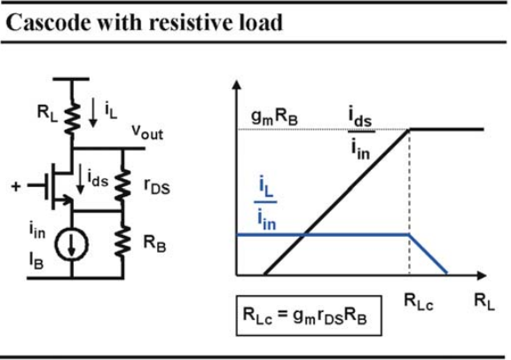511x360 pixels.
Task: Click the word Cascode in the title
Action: [48, 23]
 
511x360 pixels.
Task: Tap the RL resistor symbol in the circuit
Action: [72, 118]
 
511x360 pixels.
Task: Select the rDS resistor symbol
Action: [122, 184]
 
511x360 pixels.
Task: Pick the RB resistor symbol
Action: [122, 242]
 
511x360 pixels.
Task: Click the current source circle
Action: [71, 244]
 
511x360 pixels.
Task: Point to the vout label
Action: [147, 132]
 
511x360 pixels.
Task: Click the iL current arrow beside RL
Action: [93, 113]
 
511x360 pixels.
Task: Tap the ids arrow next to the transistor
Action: [80, 179]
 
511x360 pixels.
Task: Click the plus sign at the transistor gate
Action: [16, 186]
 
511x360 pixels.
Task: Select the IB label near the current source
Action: [36, 262]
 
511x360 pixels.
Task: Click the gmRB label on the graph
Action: [274, 117]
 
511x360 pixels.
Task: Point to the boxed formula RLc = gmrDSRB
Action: [309, 316]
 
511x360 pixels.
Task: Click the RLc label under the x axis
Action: [419, 301]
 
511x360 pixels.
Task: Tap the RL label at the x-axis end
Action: [484, 301]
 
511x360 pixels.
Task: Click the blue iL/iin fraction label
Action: [266, 203]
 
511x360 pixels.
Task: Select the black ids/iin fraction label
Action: [361, 134]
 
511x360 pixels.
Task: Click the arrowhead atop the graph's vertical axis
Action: [237, 85]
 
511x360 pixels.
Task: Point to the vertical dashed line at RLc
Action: [409, 202]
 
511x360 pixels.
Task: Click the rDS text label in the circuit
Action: [157, 187]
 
